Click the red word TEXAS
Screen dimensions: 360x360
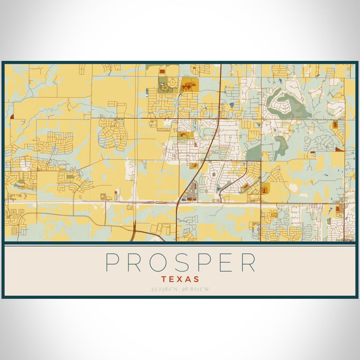tap(180, 279)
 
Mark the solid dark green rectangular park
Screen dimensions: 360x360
tap(254, 153)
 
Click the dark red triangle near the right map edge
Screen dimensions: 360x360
tap(339, 149)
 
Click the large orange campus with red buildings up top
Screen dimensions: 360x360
tap(189, 84)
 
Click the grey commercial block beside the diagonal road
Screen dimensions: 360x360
tap(191, 190)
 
